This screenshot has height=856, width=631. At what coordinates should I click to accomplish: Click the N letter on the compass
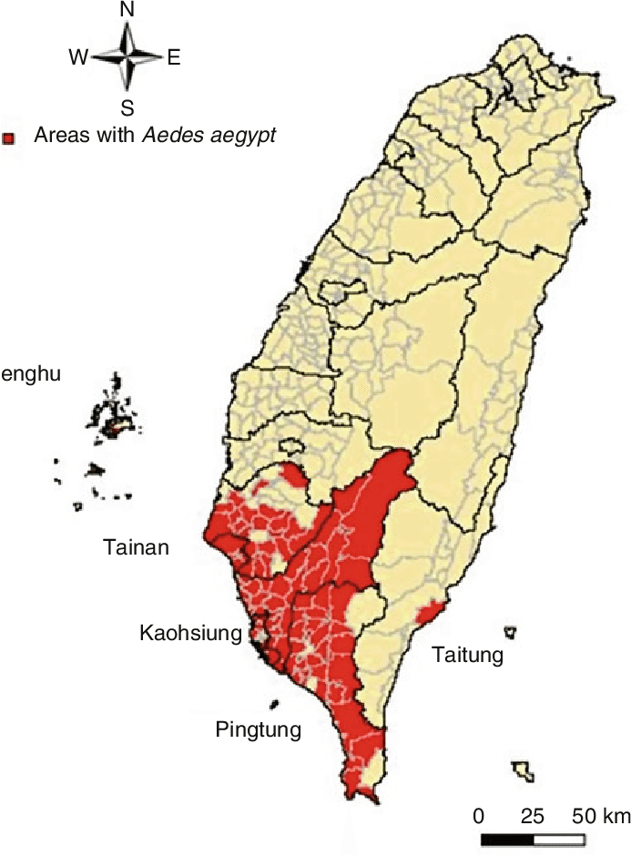tap(127, 11)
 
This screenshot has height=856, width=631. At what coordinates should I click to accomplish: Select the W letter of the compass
tap(77, 58)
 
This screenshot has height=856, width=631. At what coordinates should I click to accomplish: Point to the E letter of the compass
tap(174, 58)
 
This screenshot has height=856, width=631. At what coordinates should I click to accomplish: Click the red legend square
tap(9, 138)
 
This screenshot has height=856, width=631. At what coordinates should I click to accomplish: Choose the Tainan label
tap(136, 547)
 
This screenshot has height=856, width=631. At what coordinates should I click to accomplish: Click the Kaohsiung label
tap(190, 632)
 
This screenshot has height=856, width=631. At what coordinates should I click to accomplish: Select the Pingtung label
tap(258, 729)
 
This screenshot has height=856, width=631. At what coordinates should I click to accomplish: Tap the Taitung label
tap(467, 655)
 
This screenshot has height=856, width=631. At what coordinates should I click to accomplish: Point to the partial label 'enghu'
tap(31, 373)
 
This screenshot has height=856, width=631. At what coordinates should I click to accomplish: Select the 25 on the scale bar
tap(532, 813)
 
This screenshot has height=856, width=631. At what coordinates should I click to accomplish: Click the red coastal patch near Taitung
tap(430, 611)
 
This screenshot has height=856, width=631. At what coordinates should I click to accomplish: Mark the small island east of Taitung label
tap(510, 630)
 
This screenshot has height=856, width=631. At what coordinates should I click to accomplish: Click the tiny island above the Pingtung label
tap(274, 704)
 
